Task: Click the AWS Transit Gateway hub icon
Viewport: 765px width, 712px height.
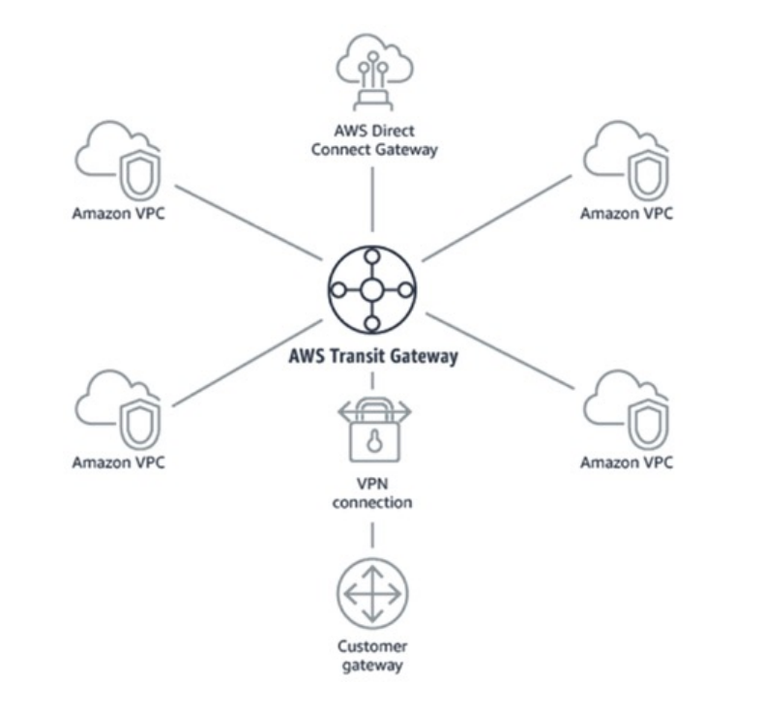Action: point(372,289)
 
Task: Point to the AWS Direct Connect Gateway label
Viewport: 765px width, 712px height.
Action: point(373,140)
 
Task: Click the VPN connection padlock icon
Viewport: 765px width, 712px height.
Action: point(372,430)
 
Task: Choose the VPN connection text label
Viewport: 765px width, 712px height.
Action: point(372,493)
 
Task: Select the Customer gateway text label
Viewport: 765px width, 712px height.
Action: point(372,655)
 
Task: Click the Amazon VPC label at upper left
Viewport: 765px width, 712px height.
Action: point(118,213)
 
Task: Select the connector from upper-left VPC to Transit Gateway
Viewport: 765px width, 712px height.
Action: point(246,222)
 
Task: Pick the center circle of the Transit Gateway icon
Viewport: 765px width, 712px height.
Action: point(372,289)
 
